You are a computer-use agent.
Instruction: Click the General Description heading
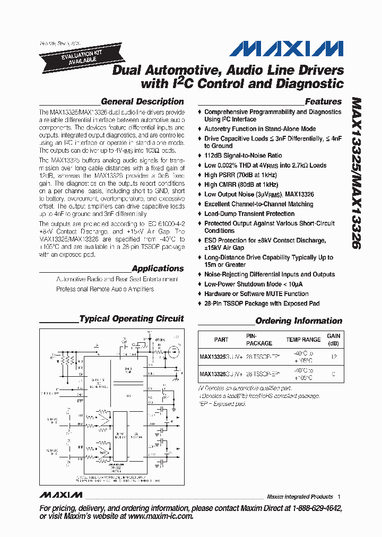[x=142, y=101]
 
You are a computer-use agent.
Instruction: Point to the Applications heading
[x=158, y=268]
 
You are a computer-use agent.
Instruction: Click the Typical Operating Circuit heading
[x=131, y=319]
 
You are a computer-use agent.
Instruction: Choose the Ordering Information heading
[x=299, y=321]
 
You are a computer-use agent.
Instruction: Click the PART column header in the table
[x=221, y=340]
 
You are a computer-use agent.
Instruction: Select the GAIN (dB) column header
[x=334, y=340]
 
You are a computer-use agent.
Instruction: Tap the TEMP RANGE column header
[x=303, y=340]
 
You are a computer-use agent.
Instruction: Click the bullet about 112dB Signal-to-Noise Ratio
[x=243, y=155]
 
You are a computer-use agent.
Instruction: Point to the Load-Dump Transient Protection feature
[x=249, y=214]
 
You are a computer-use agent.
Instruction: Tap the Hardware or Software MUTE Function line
[x=256, y=293]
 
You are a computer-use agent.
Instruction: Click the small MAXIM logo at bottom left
[x=60, y=495]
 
